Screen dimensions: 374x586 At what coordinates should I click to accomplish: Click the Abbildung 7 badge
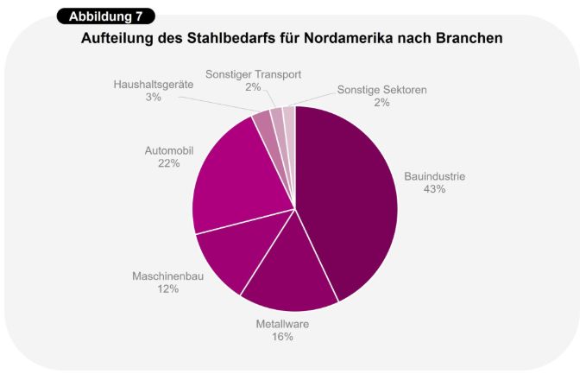(106, 16)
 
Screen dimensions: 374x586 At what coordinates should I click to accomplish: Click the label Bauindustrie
(434, 176)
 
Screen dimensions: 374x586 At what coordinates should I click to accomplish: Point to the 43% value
(434, 189)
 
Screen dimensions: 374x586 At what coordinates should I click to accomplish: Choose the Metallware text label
(282, 324)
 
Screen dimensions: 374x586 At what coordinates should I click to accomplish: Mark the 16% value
(282, 337)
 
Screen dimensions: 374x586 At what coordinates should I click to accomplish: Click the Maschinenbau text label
(167, 276)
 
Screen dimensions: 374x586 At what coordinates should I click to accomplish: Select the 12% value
(167, 289)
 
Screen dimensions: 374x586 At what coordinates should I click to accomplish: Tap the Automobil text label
(168, 149)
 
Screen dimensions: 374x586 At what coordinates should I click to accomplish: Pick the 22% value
(168, 162)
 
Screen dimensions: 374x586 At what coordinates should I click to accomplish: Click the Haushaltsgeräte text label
(154, 85)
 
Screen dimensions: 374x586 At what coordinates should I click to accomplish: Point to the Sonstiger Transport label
(253, 74)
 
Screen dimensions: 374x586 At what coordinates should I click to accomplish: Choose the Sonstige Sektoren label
(381, 89)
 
